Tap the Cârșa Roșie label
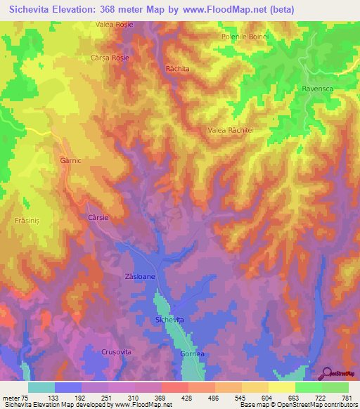coord(110,58)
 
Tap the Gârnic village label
coord(62,160)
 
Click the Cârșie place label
coord(98,218)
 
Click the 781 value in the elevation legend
coord(347,398)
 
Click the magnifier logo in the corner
coord(326,372)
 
